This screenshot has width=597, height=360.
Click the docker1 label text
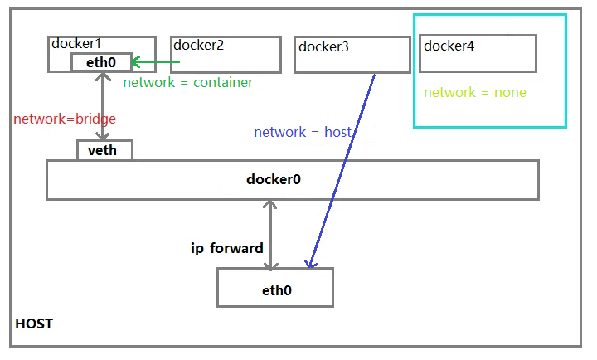point(75,44)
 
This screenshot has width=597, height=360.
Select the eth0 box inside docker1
point(100,62)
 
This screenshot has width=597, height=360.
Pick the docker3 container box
point(352,55)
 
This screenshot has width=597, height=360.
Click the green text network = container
point(187,83)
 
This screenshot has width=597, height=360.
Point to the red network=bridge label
point(65,119)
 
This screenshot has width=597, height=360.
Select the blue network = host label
point(303,132)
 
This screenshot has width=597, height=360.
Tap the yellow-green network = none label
point(474,92)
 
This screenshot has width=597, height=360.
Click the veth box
point(104,150)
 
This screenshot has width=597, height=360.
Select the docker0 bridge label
point(274,179)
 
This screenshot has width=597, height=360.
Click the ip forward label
point(227,248)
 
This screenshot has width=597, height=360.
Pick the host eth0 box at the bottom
point(274,287)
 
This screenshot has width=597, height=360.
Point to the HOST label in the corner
point(34,324)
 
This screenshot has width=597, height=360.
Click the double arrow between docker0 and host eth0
point(270,234)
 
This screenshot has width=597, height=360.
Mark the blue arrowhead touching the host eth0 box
point(310,263)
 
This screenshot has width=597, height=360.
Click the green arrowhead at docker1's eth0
point(135,62)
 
